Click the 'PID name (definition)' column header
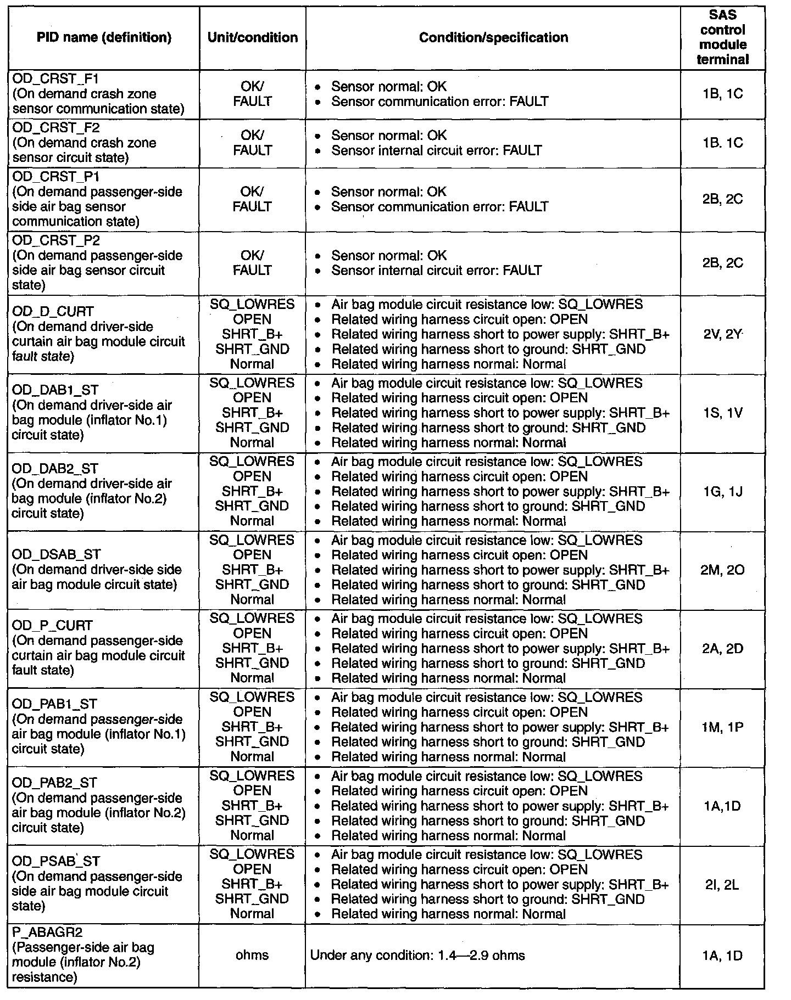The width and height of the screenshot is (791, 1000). (x=104, y=37)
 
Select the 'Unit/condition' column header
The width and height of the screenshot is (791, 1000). (x=253, y=37)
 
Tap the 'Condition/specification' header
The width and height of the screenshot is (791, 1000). (x=493, y=37)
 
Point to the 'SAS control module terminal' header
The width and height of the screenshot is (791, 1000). (x=722, y=37)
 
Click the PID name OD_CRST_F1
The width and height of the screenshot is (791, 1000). (x=55, y=79)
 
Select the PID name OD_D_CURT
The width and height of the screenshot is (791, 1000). (x=53, y=312)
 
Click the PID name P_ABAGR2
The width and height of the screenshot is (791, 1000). (x=47, y=932)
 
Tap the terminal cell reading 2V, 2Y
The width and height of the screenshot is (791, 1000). (x=722, y=334)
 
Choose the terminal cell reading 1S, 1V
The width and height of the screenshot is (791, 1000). (x=722, y=413)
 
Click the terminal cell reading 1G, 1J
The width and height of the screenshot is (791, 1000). (x=722, y=491)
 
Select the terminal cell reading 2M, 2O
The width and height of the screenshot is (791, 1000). (x=722, y=570)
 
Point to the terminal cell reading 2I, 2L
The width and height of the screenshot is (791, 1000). (x=722, y=884)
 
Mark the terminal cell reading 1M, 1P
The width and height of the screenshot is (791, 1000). (x=722, y=727)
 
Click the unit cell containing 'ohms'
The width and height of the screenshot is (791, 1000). (x=252, y=955)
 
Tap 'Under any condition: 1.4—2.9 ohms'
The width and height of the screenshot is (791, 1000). (x=417, y=955)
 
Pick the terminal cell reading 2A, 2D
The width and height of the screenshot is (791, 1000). (x=722, y=649)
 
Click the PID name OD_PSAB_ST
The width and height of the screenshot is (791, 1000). (x=56, y=861)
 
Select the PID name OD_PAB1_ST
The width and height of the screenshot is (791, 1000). (x=54, y=704)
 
